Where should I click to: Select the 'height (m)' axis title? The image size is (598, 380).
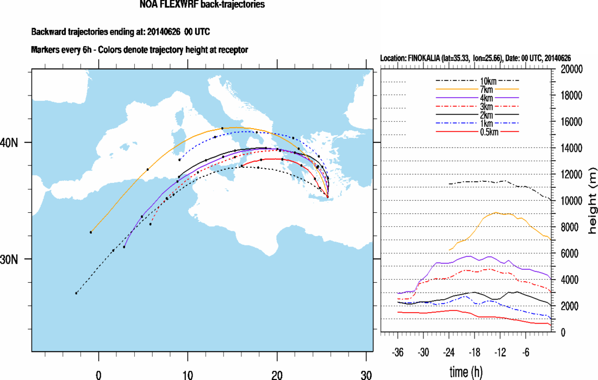coord(591,201)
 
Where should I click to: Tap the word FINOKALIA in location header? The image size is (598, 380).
coord(428,58)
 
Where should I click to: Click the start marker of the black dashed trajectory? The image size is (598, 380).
coord(76,293)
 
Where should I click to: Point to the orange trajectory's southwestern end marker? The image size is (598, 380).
coord(91,232)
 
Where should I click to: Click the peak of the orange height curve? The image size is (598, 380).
coord(496,213)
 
